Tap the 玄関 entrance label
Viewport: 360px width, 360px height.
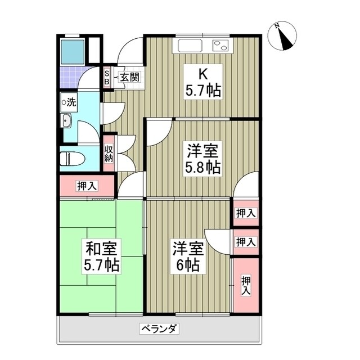[x=128, y=78]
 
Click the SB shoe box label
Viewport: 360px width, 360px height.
[x=107, y=78]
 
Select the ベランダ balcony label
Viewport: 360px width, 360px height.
[x=159, y=328]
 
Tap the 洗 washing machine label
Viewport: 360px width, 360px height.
[x=70, y=102]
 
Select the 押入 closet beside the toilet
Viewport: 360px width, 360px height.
[x=87, y=185]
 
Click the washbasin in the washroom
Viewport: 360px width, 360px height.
[x=67, y=121]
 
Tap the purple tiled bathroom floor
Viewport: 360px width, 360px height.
[x=71, y=77]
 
